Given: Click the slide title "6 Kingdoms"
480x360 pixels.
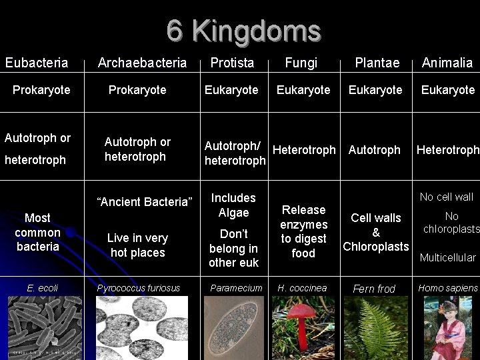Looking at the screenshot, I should click(x=243, y=31).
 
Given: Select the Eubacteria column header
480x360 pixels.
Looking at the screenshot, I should click(x=37, y=63).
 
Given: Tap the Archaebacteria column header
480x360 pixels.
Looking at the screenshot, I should click(x=142, y=63).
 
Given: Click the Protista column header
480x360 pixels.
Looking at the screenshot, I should click(x=232, y=63).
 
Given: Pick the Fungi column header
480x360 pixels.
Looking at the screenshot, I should click(x=301, y=63).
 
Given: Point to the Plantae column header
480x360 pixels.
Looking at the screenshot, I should click(x=377, y=63).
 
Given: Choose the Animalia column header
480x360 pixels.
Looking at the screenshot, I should click(x=447, y=63).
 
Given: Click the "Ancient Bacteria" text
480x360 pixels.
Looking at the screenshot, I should click(x=145, y=201).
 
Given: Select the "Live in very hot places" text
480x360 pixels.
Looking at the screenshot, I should click(x=137, y=245).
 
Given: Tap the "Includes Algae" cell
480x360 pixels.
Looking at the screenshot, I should click(x=233, y=205).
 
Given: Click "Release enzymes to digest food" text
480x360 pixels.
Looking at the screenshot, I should click(x=303, y=231).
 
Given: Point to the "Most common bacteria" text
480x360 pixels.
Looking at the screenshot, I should click(x=37, y=232).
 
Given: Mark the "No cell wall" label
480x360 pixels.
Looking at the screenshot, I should click(x=446, y=197).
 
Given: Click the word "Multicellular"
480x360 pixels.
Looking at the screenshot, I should click(x=447, y=257).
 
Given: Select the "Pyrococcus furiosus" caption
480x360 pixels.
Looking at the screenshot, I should click(x=138, y=288).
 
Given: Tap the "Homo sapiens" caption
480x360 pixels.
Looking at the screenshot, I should click(x=447, y=288).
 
